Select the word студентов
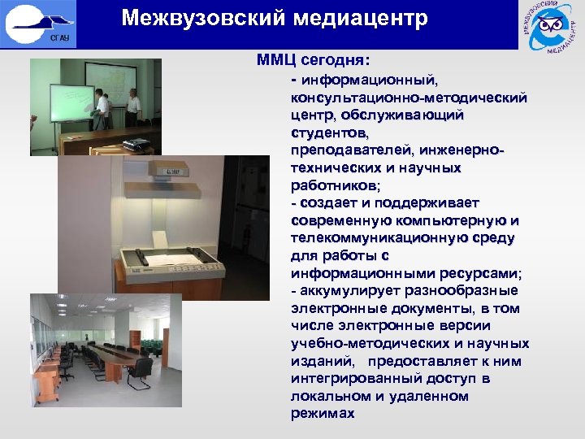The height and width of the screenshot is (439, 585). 328,133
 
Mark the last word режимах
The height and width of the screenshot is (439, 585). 322,414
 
